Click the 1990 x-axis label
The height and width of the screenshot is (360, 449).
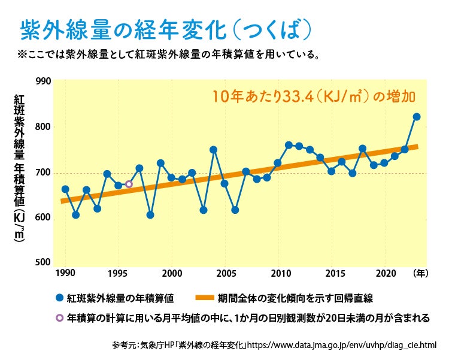click(65, 273)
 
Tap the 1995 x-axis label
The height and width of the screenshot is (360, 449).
click(119, 273)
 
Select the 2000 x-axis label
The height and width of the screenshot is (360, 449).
click(172, 273)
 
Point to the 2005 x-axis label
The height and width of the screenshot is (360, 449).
click(225, 273)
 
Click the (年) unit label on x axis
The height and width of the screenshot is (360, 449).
click(420, 273)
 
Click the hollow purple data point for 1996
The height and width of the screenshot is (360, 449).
click(129, 184)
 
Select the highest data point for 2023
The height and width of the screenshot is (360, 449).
click(417, 116)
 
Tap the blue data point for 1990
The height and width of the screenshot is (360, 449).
click(65, 189)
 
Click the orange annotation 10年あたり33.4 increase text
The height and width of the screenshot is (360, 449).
click(313, 96)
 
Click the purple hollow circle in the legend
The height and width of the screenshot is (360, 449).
click(59, 318)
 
